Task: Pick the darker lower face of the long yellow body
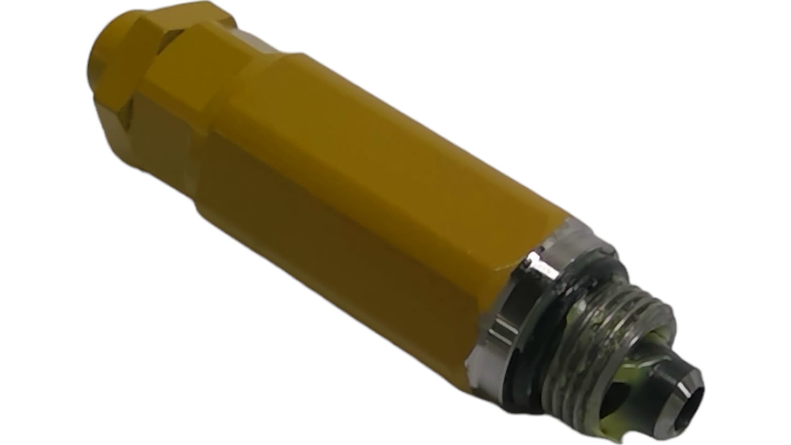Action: click(x=339, y=257)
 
